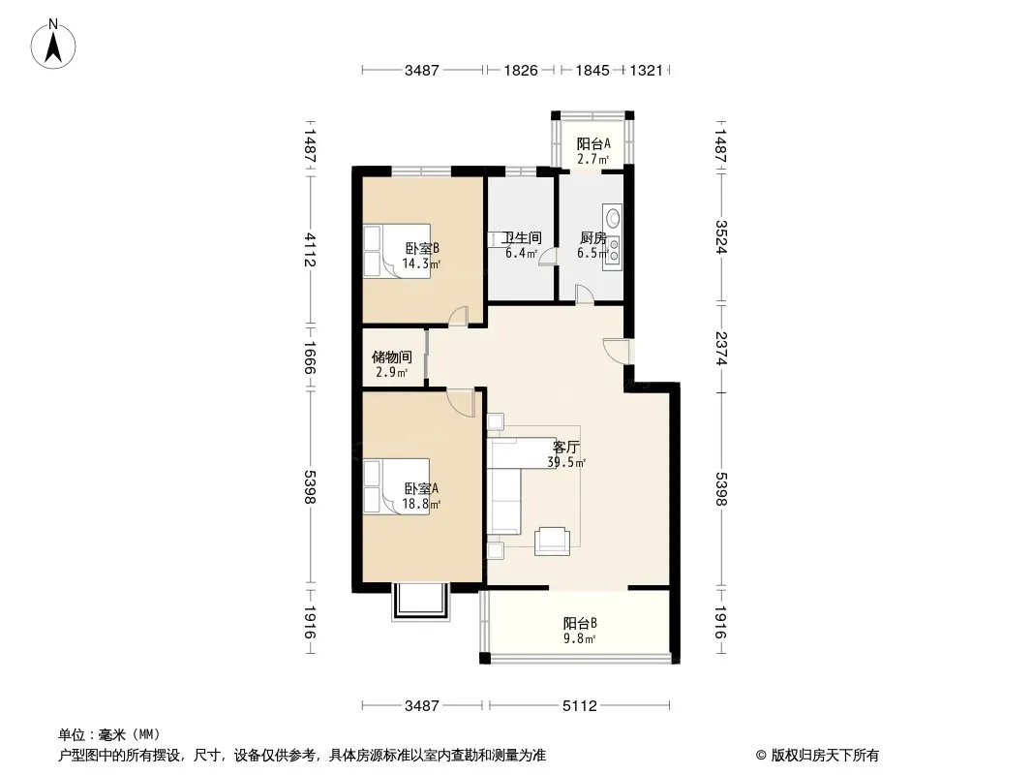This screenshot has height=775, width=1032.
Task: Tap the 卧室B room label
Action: coord(422,248)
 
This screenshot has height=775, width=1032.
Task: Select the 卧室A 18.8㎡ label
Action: coord(421,496)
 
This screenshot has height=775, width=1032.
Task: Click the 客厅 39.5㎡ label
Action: coord(566,454)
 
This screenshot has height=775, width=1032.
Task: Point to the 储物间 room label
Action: coord(392,356)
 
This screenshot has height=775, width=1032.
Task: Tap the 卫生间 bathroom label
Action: coord(521,237)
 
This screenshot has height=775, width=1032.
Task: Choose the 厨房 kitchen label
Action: coord(592,237)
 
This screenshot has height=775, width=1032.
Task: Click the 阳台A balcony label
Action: coord(593,143)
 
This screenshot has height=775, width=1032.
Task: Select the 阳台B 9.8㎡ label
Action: coord(580,630)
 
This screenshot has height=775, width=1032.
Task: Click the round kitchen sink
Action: coord(613,217)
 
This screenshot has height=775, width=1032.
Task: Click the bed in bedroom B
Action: coord(397,251)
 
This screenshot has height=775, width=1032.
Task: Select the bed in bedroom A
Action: coord(396,486)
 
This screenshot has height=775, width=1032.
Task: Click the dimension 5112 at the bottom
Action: coord(579,706)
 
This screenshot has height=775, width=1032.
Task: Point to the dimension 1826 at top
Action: coord(521,70)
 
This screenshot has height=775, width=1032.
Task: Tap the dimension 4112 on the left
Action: coord(310,250)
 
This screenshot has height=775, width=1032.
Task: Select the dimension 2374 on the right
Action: coord(720,349)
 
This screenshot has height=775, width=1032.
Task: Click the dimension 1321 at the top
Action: coord(646,70)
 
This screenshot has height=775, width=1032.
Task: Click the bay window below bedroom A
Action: coord(421,602)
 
